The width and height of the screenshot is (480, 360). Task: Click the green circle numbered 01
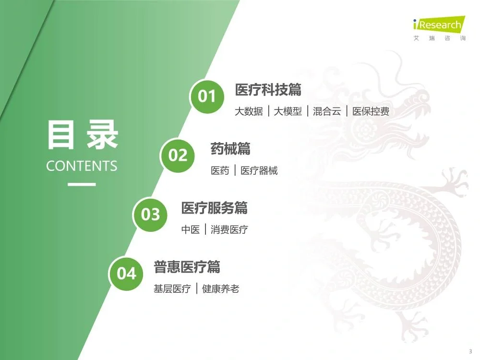[207, 96]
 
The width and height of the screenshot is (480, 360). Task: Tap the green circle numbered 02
[178, 155]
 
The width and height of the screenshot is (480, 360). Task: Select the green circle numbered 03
[150, 214]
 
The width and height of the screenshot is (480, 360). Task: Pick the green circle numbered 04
[127, 273]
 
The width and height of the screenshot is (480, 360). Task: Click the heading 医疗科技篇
[268, 90]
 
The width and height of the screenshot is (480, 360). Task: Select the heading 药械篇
[230, 149]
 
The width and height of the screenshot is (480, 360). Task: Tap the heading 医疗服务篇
[214, 208]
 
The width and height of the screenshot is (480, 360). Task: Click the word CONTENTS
[82, 166]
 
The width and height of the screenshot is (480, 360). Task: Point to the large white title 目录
[82, 136]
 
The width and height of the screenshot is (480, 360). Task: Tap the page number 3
[470, 350]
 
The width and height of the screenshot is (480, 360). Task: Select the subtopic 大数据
[249, 112]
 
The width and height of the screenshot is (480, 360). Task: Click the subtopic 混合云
[327, 112]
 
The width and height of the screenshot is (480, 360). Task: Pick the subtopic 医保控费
[371, 112]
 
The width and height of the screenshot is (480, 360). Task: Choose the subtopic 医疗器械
[259, 171]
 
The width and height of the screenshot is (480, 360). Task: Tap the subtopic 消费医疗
[229, 230]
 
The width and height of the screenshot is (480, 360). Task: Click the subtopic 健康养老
[220, 289]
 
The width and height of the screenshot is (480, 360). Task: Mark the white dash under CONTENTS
[82, 184]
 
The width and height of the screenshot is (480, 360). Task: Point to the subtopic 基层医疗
[172, 289]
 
